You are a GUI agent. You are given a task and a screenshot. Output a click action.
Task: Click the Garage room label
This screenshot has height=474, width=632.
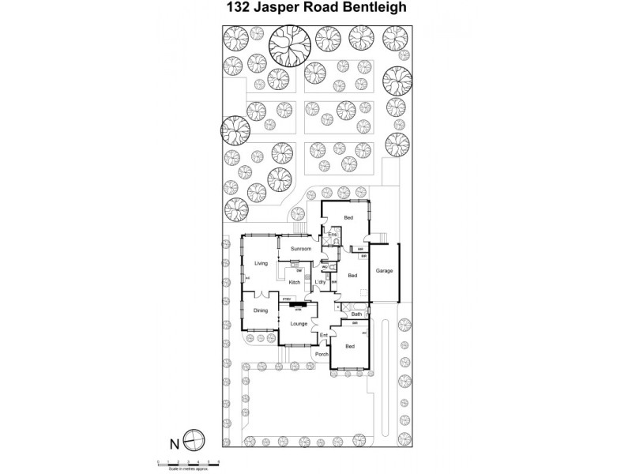(384, 271)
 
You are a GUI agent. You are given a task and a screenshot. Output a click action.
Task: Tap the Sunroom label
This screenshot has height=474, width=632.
(300, 249)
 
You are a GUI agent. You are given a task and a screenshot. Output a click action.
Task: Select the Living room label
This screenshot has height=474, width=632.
(261, 263)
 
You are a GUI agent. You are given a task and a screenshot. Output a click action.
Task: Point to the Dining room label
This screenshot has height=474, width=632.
(261, 310)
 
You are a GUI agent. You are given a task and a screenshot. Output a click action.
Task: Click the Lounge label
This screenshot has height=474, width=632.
(299, 323)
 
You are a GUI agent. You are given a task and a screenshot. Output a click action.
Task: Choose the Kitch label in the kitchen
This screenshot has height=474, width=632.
(294, 282)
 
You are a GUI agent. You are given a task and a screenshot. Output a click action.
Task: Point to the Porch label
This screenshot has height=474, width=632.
(322, 354)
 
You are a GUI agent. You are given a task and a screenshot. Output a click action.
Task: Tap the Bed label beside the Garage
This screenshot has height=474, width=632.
(352, 276)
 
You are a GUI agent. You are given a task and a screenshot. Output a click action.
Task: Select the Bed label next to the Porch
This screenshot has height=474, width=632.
(349, 346)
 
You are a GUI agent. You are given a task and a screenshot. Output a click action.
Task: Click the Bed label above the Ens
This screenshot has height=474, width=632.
(348, 216)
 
